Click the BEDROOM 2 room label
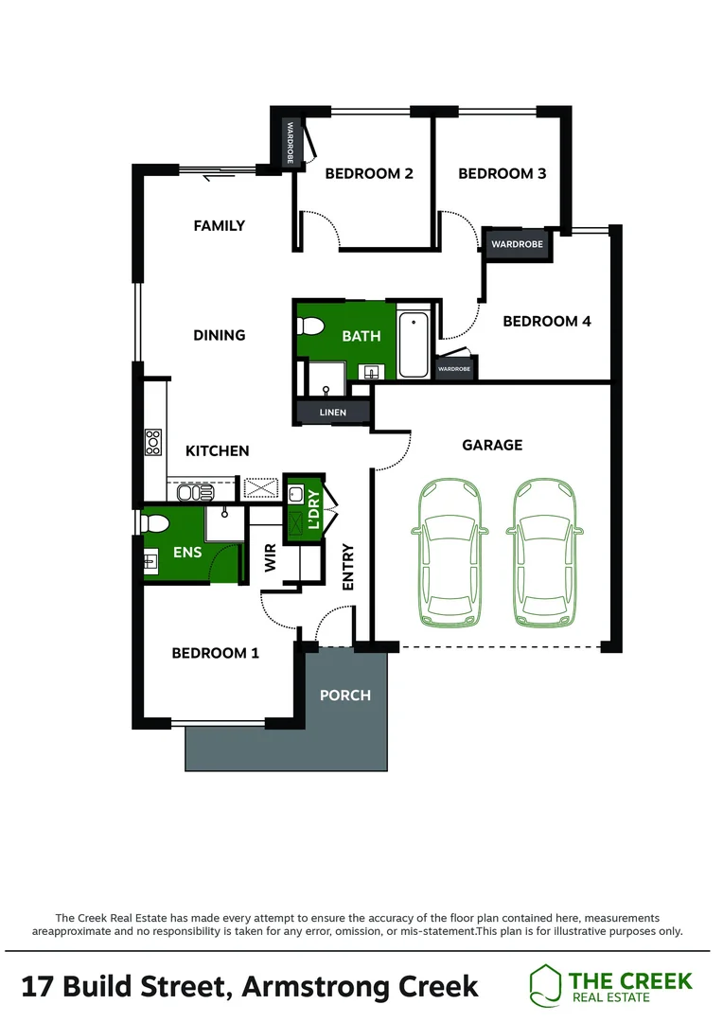[369, 173]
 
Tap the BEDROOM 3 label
[502, 173]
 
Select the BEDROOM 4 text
[546, 322]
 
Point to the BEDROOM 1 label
[215, 653]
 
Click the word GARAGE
[492, 445]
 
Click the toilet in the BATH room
[309, 326]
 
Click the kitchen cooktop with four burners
[152, 443]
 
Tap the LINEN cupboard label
[332, 413]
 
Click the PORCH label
[344, 696]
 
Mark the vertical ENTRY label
[347, 568]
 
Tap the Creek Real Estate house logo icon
[545, 984]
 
